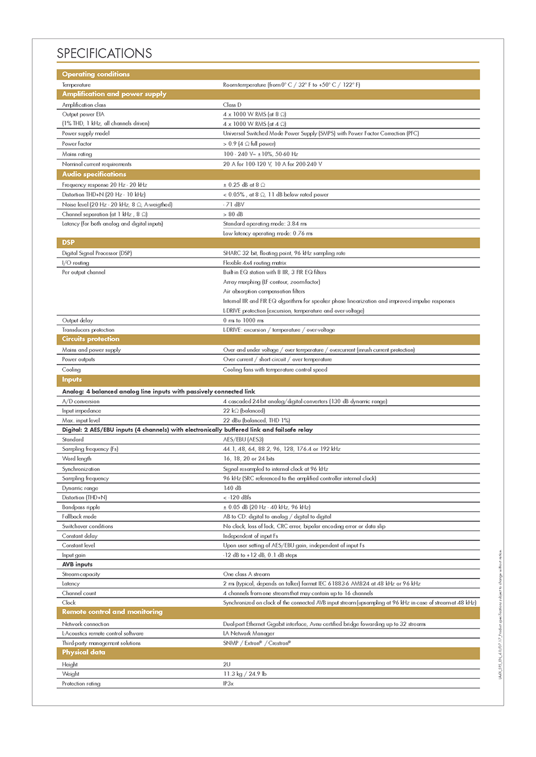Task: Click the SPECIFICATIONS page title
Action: point(104,54)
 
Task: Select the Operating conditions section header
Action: point(96,74)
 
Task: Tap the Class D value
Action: point(232,105)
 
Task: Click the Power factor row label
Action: point(77,144)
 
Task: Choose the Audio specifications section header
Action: point(94,174)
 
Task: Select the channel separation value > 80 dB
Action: point(233,214)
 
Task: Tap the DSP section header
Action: point(68,242)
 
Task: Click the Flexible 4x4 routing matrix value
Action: point(254,263)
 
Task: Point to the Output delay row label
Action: point(77,320)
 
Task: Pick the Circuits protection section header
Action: point(90,339)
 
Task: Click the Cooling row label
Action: point(72,370)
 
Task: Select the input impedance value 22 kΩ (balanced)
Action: point(244,411)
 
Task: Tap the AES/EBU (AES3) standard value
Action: point(243,440)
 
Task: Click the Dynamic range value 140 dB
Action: point(232,488)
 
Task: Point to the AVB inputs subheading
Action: point(77,564)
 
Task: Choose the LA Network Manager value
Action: point(248,634)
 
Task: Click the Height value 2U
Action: point(227,665)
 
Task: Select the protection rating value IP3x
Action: point(228,684)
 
